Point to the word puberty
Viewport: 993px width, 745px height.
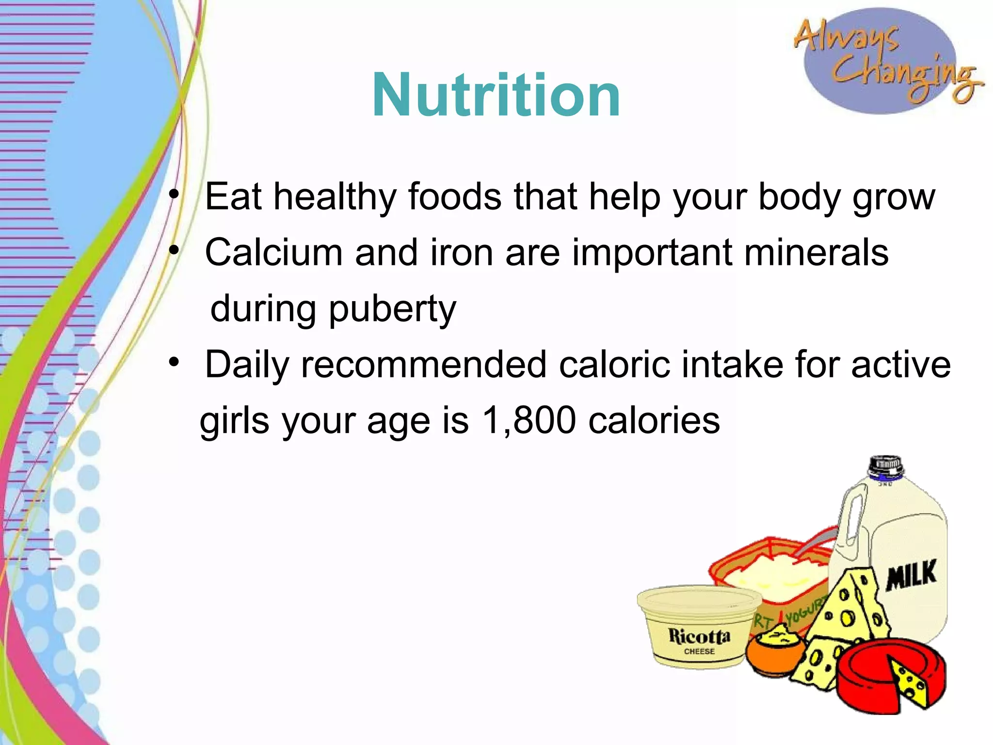(x=392, y=309)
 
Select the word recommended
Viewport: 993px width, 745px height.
(x=424, y=364)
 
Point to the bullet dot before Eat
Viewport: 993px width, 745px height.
(x=174, y=195)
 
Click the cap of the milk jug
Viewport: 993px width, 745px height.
(x=885, y=467)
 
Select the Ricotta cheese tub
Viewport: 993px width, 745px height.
(x=698, y=626)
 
